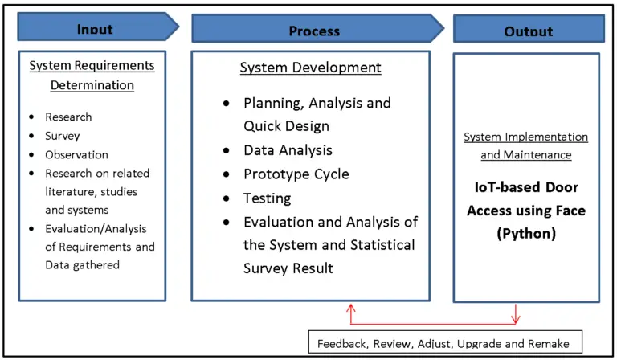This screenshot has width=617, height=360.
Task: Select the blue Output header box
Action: [x=528, y=30]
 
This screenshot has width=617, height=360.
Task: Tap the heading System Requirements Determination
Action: [x=92, y=75]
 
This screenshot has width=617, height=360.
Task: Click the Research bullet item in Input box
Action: [x=68, y=117]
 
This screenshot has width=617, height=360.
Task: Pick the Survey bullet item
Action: [x=63, y=136]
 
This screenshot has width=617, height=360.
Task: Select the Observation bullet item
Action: [x=76, y=154]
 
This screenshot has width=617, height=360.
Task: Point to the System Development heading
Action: [x=310, y=68]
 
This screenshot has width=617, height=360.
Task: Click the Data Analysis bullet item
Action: [x=288, y=150]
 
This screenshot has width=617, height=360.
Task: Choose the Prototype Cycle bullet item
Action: [x=296, y=174]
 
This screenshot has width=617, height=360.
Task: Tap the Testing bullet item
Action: [x=268, y=198]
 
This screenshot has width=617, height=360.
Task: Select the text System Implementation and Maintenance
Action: [x=526, y=145]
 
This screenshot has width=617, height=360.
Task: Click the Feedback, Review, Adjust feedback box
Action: [x=443, y=343]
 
